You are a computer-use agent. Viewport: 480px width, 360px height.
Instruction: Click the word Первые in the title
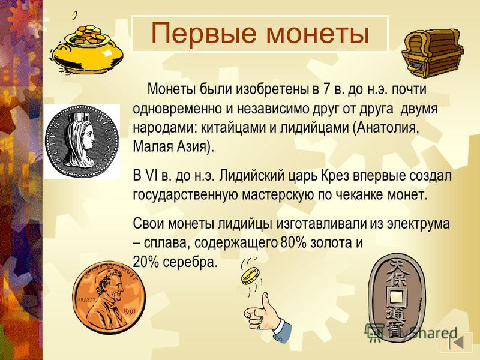[203, 34]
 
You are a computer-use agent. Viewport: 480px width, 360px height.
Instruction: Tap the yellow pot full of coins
[86, 49]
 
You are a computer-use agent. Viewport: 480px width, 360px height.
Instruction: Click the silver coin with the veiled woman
[82, 140]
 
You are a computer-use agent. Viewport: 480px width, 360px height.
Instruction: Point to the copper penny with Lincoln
[109, 298]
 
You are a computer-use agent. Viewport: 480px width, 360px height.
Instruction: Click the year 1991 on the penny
[129, 312]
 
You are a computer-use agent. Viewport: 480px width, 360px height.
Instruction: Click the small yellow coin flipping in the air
[250, 275]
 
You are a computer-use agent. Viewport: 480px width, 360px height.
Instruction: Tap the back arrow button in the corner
[457, 343]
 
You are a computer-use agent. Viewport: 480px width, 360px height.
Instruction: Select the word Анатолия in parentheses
[386, 128]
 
